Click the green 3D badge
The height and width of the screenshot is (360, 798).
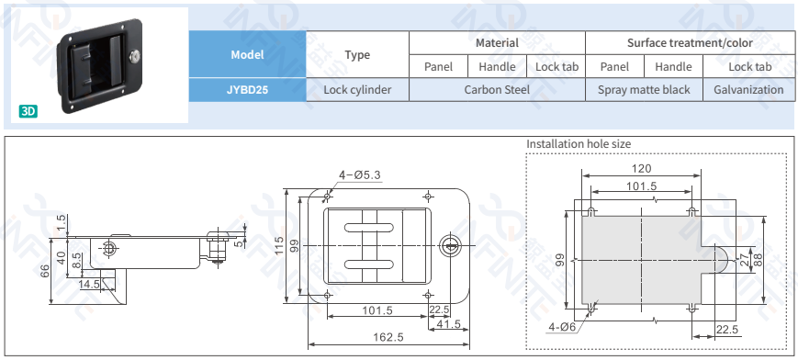tap(28, 111)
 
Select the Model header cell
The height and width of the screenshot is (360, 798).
tap(247, 54)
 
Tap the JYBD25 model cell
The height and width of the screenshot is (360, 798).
tap(247, 90)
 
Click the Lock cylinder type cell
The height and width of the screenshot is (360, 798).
tap(357, 90)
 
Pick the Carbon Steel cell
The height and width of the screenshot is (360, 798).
tap(497, 90)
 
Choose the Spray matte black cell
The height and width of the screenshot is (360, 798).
tap(644, 90)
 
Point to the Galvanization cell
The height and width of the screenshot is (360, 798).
tap(748, 90)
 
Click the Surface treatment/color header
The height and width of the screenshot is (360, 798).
tap(690, 43)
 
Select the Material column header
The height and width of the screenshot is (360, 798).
tap(497, 43)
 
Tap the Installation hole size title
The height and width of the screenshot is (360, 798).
tap(579, 144)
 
